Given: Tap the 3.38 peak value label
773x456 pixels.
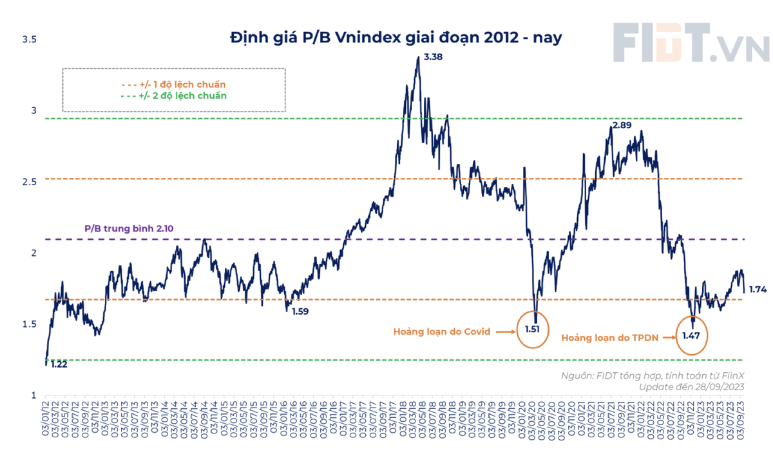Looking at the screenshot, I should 433,57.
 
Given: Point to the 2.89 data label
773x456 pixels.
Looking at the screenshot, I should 622,125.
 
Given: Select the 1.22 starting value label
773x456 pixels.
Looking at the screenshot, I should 59,364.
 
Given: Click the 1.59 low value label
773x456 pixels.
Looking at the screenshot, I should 301,312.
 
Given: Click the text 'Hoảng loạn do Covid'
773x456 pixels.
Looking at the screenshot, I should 442,332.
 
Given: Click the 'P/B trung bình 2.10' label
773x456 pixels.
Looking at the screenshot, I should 129,228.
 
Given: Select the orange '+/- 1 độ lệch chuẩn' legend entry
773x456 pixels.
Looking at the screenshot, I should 173,84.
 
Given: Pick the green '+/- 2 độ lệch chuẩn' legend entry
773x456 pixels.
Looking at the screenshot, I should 173,95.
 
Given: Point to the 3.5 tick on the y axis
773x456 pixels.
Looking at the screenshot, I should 30,40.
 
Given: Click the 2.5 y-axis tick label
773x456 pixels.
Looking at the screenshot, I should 30,182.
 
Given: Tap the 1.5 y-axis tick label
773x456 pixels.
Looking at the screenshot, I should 30,324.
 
